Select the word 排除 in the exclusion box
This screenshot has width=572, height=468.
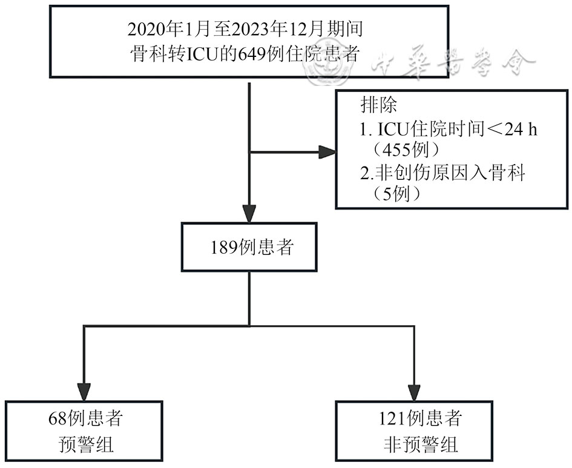coord(380,105)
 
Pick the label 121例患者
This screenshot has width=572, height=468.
coord(418,420)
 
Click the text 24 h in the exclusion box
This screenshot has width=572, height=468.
coord(522,130)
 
